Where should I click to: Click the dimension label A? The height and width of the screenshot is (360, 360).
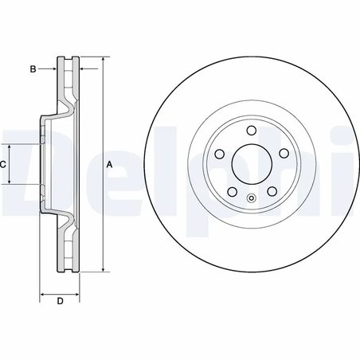pos(110,163)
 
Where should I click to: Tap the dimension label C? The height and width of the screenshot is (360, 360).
pos(3,163)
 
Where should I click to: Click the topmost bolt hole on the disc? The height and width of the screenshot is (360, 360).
pos(250,131)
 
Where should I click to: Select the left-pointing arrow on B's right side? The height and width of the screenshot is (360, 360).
pos(85,69)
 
